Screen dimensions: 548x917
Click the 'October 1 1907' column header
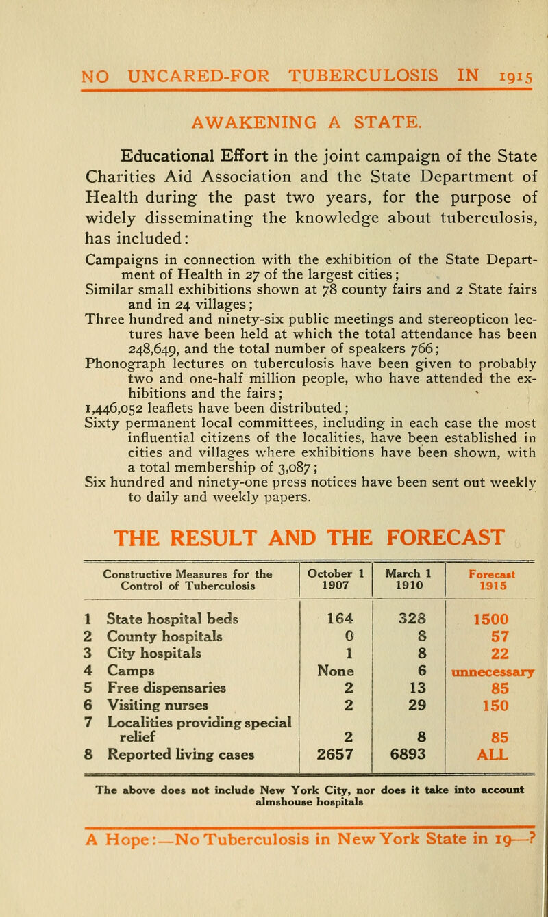[x=335, y=533]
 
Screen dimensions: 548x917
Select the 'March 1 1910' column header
[x=408, y=533]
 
